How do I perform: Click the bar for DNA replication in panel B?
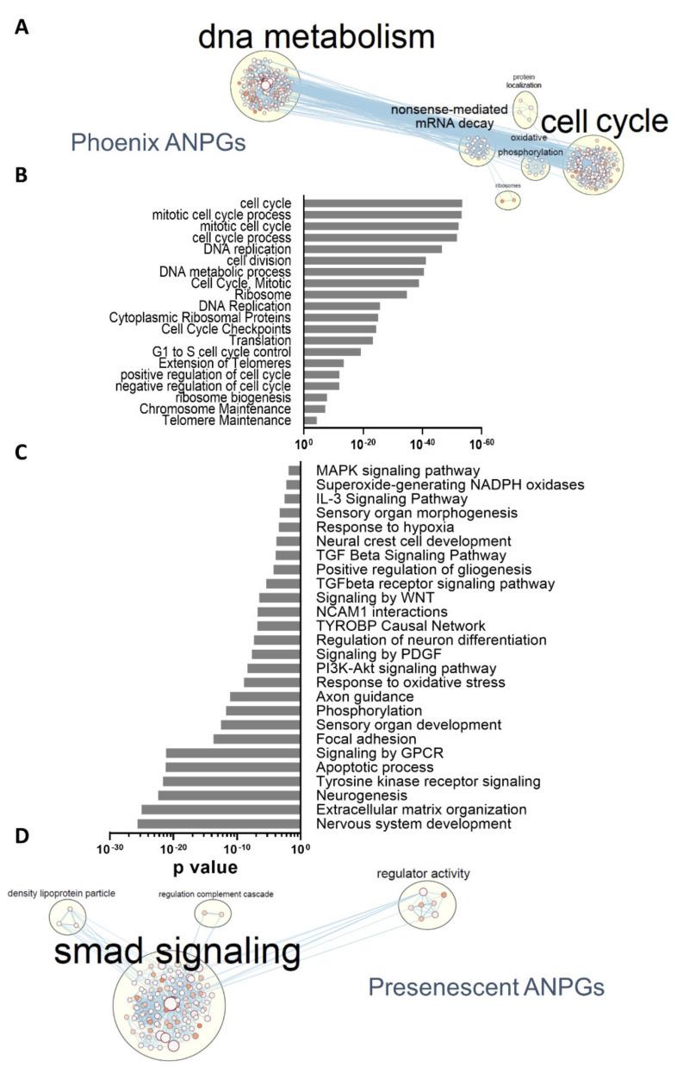coord(373,249)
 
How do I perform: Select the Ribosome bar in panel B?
coord(356,294)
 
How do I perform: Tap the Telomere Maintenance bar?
coord(311,421)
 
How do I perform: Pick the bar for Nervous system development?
coord(219,825)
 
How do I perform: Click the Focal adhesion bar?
coord(257,739)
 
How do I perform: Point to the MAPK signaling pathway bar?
coord(295,471)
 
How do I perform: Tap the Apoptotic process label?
coord(375,767)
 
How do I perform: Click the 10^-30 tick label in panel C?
coord(110,849)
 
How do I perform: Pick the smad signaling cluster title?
coord(177,951)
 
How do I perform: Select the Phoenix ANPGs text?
coord(158,143)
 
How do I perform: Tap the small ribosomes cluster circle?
coord(508,199)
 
